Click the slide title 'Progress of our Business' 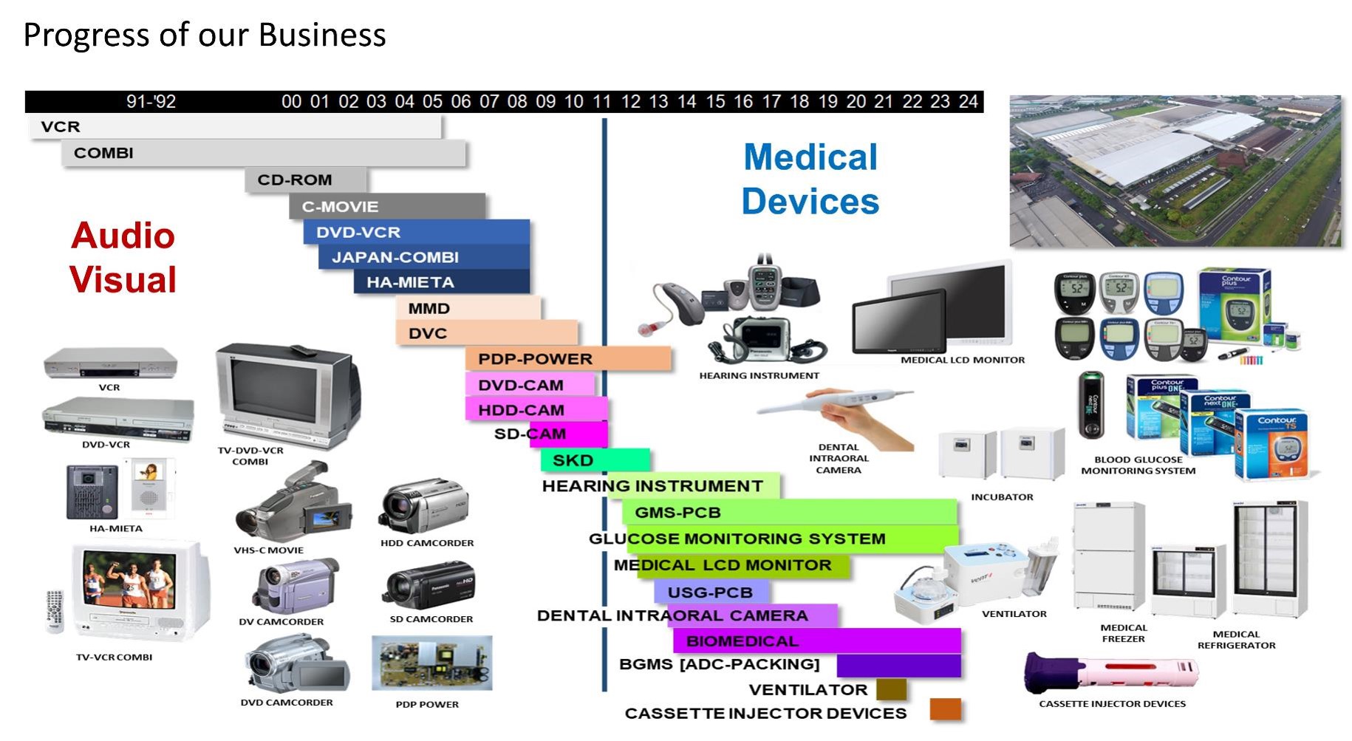click(205, 35)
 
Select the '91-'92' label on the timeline click(151, 101)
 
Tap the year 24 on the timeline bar click(968, 101)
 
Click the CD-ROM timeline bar click(306, 180)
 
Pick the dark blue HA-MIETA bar click(441, 282)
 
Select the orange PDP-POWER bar click(567, 359)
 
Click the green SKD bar click(595, 460)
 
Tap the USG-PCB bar click(711, 592)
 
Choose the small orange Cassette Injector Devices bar click(945, 709)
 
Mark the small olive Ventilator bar click(891, 689)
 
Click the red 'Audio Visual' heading click(123, 257)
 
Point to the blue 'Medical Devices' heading click(810, 179)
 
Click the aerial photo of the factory click(1175, 171)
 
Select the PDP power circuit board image click(432, 663)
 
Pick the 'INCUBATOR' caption click(1002, 497)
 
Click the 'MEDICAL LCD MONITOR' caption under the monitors click(962, 360)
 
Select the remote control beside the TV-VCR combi click(55, 611)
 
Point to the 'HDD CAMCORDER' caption click(427, 543)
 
